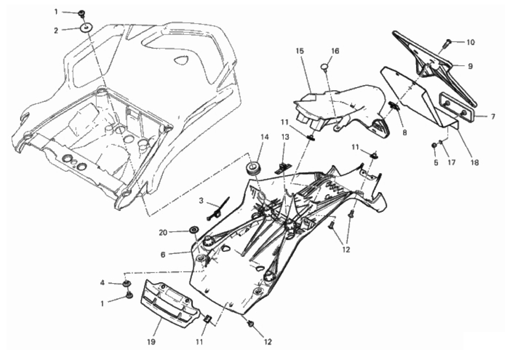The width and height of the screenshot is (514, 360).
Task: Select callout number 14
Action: pyautogui.click(x=264, y=138)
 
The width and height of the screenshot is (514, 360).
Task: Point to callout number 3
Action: pyautogui.click(x=201, y=201)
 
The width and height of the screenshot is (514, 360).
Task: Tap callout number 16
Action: pyautogui.click(x=335, y=51)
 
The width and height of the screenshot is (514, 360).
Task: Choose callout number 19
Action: pyautogui.click(x=151, y=342)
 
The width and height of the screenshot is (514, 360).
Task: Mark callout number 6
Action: pyautogui.click(x=163, y=254)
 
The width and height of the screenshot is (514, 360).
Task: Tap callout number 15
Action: pyautogui.click(x=300, y=51)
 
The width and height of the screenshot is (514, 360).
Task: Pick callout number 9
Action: pyautogui.click(x=470, y=67)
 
